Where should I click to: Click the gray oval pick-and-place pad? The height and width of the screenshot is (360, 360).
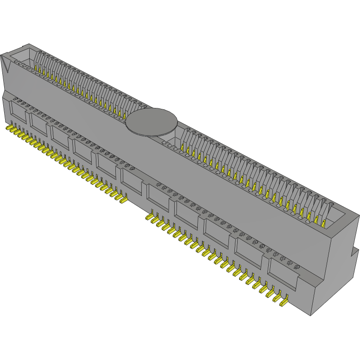pos(152,122)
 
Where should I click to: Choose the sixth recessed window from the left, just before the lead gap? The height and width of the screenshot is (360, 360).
pos(132,180)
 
